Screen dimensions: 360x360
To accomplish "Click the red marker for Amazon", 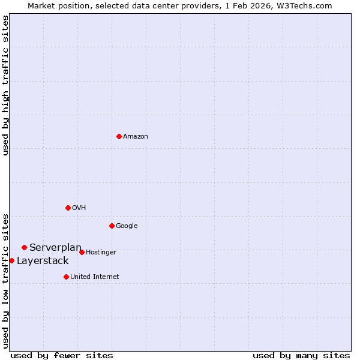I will pyautogui.click(x=119, y=136).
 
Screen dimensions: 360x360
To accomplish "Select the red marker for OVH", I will pyautogui.click(x=68, y=208).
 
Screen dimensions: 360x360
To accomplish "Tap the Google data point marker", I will pyautogui.click(x=112, y=226).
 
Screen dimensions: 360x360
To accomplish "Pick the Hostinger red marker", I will pyautogui.click(x=82, y=252).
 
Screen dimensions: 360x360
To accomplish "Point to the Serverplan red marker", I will pyautogui.click(x=24, y=247).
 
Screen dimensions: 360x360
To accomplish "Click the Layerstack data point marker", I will pyautogui.click(x=11, y=260).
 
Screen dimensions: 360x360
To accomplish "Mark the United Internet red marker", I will pyautogui.click(x=66, y=277).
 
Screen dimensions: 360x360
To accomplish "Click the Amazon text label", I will pyautogui.click(x=136, y=137).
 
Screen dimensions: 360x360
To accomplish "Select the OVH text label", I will pyautogui.click(x=79, y=208).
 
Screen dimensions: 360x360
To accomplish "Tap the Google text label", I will pyautogui.click(x=127, y=226).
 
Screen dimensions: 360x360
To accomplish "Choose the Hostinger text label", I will pyautogui.click(x=101, y=253).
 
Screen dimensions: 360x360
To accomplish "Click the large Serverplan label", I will pyautogui.click(x=55, y=248).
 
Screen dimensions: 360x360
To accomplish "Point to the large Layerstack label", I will pyautogui.click(x=43, y=261).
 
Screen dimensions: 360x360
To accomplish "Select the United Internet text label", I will pyautogui.click(x=95, y=277).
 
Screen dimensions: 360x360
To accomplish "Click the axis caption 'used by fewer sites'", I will pyautogui.click(x=62, y=355).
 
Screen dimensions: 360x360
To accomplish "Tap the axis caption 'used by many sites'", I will pyautogui.click(x=301, y=355).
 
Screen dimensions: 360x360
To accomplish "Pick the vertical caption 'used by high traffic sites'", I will pyautogui.click(x=5, y=85).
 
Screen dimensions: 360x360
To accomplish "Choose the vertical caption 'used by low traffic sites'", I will pyautogui.click(x=5, y=280).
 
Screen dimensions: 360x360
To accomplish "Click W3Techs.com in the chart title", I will pyautogui.click(x=306, y=5).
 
